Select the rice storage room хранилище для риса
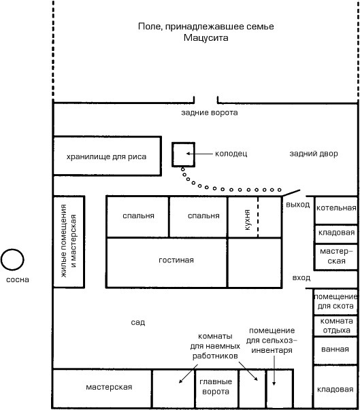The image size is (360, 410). (x=107, y=156)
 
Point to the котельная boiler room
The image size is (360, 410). (x=336, y=210)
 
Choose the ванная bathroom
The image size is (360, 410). (x=336, y=351)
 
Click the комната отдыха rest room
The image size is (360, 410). (x=336, y=326)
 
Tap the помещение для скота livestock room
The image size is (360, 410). (x=336, y=302)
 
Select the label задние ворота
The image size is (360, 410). (x=210, y=113)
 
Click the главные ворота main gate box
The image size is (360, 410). (x=216, y=388)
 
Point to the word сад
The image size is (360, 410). (x=138, y=322)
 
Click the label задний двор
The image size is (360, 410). (x=314, y=154)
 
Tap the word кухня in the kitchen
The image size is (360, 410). (x=247, y=220)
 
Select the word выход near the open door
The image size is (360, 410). (x=298, y=205)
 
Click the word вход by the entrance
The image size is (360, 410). (x=301, y=277)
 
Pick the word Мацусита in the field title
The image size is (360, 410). (x=206, y=37)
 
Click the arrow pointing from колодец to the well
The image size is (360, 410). (x=199, y=154)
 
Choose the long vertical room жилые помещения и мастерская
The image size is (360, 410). (x=69, y=241)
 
